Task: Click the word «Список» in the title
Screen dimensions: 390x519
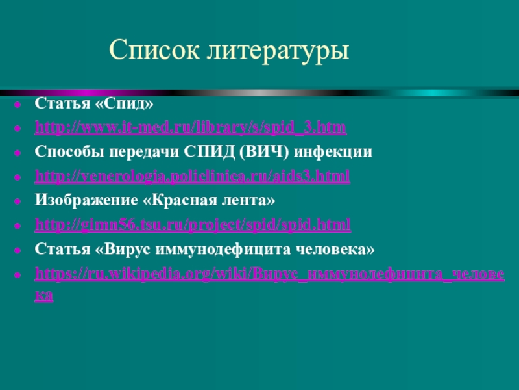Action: (x=152, y=49)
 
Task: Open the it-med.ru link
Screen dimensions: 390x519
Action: (x=190, y=127)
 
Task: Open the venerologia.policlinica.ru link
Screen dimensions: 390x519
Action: (x=192, y=176)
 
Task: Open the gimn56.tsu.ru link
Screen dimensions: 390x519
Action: (x=193, y=225)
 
